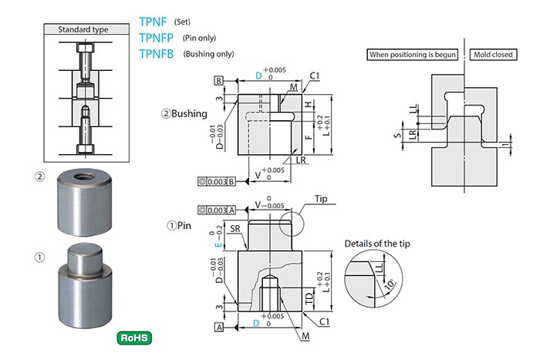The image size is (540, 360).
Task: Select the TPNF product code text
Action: (x=155, y=22)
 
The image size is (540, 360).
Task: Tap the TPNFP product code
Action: (x=158, y=38)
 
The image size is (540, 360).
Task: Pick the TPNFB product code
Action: (x=158, y=54)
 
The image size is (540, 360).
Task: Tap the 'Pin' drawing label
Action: (x=184, y=226)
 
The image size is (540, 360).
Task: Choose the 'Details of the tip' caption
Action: (x=382, y=244)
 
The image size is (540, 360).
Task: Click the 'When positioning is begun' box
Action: (x=413, y=55)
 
